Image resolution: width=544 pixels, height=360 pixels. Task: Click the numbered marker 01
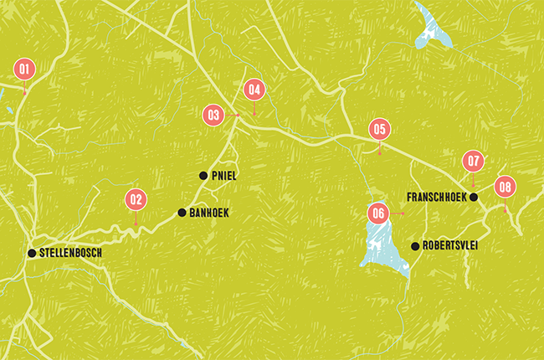(x=24, y=69)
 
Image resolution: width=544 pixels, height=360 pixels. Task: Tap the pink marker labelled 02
(x=136, y=200)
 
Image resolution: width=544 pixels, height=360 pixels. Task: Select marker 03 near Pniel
(x=214, y=115)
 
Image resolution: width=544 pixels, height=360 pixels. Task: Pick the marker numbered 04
(x=254, y=90)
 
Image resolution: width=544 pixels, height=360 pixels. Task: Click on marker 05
(x=380, y=130)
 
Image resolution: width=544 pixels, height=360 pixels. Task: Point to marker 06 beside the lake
(x=378, y=213)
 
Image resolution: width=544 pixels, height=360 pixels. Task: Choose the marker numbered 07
(x=474, y=161)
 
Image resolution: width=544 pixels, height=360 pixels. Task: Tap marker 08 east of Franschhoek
(x=504, y=188)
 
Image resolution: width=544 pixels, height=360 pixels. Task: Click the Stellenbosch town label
(x=70, y=253)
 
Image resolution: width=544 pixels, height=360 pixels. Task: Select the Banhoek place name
(x=208, y=213)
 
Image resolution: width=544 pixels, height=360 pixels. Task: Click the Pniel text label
(x=224, y=176)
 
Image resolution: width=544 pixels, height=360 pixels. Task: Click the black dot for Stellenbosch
(x=31, y=253)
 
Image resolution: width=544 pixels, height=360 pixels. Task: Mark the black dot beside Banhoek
(x=182, y=213)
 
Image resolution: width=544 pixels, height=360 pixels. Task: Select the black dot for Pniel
(x=203, y=176)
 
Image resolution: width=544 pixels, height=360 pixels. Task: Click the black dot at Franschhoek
(x=474, y=198)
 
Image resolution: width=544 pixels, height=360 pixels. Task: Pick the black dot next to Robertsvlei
(x=415, y=246)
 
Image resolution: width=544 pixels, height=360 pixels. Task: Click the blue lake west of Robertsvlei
(x=382, y=248)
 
